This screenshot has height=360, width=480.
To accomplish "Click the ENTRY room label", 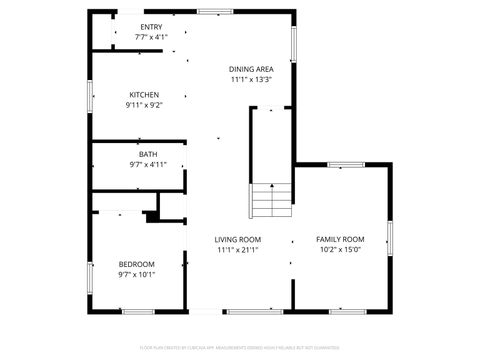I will pos(152,27).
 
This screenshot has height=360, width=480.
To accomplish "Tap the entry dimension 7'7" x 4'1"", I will pos(152,37).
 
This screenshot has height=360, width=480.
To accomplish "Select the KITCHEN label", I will pos(144,95).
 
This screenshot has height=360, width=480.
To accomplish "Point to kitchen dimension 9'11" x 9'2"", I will pos(144,105).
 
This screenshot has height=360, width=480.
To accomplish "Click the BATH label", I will pos(148,155).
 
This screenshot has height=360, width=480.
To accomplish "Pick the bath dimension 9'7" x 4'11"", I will pos(148,165).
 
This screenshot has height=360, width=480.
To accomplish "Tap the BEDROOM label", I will pos(137,264).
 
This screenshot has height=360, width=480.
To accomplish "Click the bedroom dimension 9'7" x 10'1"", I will pos(137,274).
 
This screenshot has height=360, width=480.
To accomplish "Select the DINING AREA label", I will pos(251,68).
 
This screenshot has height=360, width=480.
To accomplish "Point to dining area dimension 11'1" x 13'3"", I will pos(251,79).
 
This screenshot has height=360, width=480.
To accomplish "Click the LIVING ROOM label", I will pos(238,240).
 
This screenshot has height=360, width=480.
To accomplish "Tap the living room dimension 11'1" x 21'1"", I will pos(238,251).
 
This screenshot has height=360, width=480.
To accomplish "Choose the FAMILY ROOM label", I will pos(340,240).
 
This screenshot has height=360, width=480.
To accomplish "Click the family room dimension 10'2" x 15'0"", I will pos(340,251).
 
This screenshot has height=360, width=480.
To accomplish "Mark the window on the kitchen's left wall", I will pos(91,99).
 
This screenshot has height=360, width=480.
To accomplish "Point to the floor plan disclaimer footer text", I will pos(240,348).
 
